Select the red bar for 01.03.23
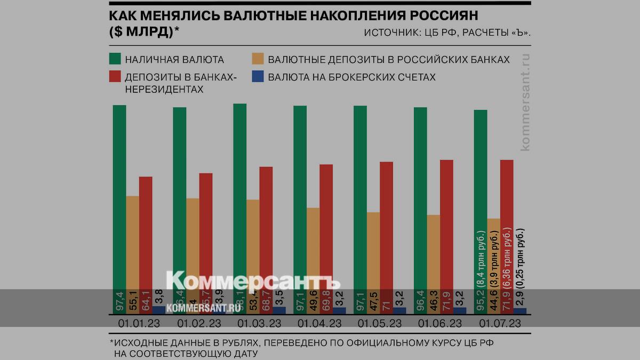(x=266, y=229)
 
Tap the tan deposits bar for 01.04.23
(x=314, y=245)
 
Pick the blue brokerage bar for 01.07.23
(x=520, y=310)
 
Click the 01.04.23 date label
(x=319, y=323)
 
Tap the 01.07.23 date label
(x=500, y=323)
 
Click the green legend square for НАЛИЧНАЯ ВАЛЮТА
(x=115, y=59)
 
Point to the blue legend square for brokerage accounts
(x=259, y=77)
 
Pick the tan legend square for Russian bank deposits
(x=259, y=59)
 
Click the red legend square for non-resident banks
(x=115, y=77)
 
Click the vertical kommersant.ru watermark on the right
(x=525, y=101)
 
